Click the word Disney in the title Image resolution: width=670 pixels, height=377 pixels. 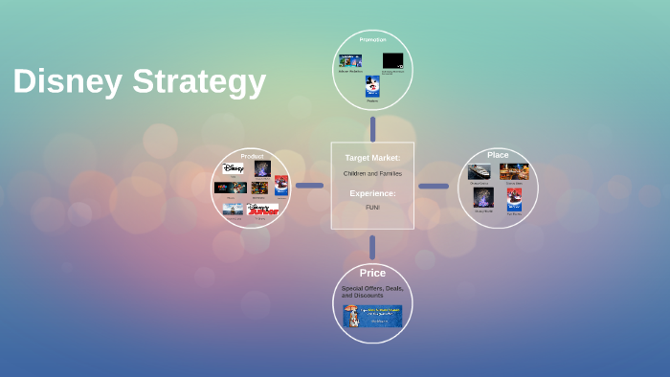pyautogui.click(x=67, y=82)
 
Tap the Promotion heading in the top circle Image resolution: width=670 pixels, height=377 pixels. pyautogui.click(x=372, y=39)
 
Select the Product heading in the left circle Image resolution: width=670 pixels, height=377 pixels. pyautogui.click(x=252, y=156)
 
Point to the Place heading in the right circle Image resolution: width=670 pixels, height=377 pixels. pyautogui.click(x=498, y=155)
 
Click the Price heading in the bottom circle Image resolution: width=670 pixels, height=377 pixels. pyautogui.click(x=372, y=274)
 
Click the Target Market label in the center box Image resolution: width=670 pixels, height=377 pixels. pyautogui.click(x=372, y=157)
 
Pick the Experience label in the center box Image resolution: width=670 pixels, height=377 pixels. pyautogui.click(x=372, y=193)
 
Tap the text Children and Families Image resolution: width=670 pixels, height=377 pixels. pyautogui.click(x=372, y=173)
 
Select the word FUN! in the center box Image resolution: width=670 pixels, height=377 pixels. pyautogui.click(x=372, y=207)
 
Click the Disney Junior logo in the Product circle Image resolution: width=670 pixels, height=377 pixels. pyautogui.click(x=262, y=209)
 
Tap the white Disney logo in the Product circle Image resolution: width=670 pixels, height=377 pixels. pyautogui.click(x=234, y=167)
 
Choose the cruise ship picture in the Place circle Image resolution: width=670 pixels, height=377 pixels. pyautogui.click(x=480, y=172)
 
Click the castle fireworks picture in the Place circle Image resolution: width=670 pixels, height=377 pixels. pyautogui.click(x=483, y=197)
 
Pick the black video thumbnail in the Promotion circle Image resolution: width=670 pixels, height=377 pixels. pyautogui.click(x=393, y=61)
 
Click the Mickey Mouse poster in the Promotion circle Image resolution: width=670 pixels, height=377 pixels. pyautogui.click(x=372, y=87)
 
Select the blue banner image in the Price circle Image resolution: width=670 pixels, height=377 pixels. pyautogui.click(x=372, y=316)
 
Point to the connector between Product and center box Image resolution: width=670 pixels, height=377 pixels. pyautogui.click(x=309, y=186)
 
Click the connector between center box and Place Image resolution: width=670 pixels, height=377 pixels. pyautogui.click(x=434, y=186)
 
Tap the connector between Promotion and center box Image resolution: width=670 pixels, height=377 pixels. pyautogui.click(x=372, y=128)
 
